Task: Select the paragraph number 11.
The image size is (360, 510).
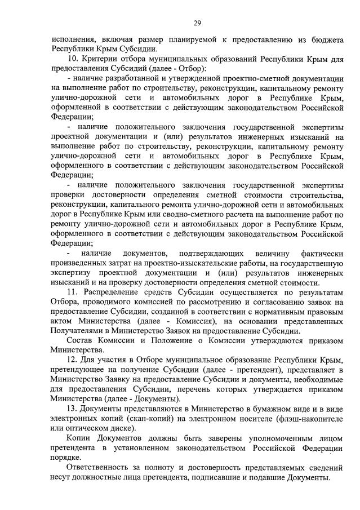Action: click(72, 292)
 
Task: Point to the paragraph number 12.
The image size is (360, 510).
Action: click(72, 359)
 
